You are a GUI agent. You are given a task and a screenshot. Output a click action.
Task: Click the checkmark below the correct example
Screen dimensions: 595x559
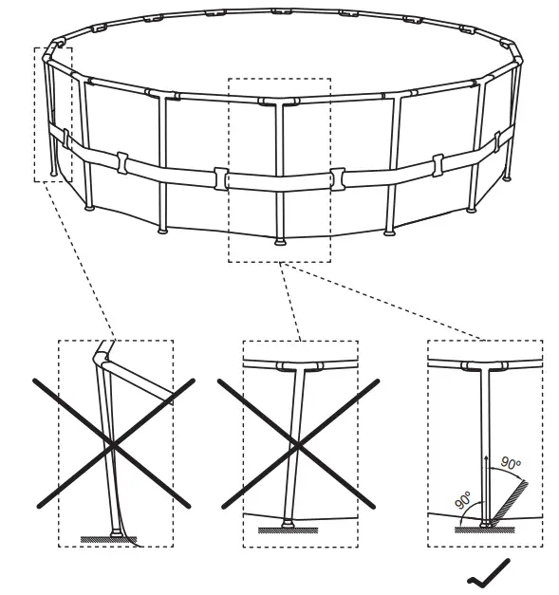tap(488, 569)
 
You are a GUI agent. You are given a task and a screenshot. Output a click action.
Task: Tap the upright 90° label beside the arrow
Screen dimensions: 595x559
tap(511, 464)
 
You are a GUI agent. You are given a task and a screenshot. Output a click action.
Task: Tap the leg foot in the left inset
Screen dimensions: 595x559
tap(116, 533)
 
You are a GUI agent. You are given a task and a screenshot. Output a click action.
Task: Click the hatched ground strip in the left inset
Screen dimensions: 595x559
tap(108, 540)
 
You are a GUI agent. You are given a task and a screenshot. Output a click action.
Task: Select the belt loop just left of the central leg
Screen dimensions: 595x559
tap(220, 177)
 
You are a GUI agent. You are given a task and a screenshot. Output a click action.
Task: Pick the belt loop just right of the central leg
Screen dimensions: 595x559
tap(338, 177)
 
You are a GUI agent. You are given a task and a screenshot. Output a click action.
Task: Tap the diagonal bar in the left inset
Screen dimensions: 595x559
tap(142, 383)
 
